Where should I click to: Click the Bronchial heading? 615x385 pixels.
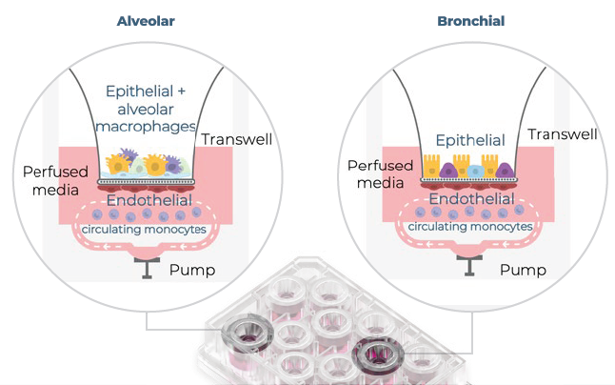[x=470, y=20]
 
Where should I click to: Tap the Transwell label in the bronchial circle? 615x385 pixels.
[x=563, y=134]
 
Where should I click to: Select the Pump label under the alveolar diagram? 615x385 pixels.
[x=191, y=270]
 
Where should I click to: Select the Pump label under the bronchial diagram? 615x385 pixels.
[x=523, y=270]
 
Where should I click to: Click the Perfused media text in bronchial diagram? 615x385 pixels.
[x=379, y=173]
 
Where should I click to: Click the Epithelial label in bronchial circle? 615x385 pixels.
[x=466, y=140]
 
